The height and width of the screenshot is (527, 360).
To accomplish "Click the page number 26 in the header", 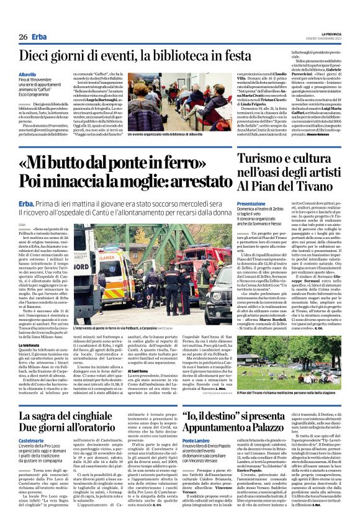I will [x=23, y=37].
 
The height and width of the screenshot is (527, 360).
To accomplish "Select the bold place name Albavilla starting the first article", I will [x=28, y=74].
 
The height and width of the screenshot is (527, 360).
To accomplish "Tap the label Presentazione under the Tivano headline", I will [x=251, y=204].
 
